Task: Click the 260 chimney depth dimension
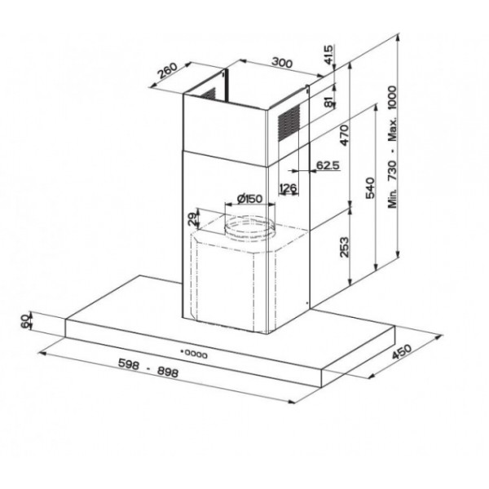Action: [167, 70]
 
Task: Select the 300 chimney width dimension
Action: [282, 63]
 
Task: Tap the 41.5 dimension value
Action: [328, 55]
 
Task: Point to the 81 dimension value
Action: [328, 102]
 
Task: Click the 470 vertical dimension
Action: [344, 135]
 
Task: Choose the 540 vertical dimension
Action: [370, 187]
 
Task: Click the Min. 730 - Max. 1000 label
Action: [392, 148]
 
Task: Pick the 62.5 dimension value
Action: [328, 165]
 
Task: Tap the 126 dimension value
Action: [288, 187]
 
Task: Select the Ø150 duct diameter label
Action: [250, 198]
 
